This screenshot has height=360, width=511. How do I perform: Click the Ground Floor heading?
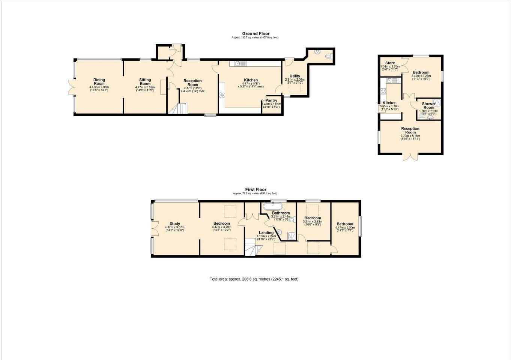tap(255, 34)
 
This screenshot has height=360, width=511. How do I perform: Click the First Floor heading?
tap(255, 190)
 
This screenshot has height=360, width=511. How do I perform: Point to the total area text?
tap(254, 279)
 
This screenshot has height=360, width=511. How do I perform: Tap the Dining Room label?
tap(99, 81)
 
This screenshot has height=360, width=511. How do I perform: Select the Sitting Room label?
tap(145, 81)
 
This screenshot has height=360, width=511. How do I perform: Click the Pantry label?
tap(271, 100)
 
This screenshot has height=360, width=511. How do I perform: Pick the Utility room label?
tap(295, 76)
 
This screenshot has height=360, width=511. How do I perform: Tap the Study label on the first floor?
tap(175, 224)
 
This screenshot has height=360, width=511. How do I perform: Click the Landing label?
tap(266, 233)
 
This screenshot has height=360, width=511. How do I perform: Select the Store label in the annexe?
tap(390, 63)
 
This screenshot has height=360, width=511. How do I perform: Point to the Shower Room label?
tap(429, 106)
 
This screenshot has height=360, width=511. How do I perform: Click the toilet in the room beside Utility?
tap(329, 57)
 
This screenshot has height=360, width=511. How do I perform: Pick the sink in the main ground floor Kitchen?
tap(240, 64)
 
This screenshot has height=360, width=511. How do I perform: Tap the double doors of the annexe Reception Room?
tap(410, 157)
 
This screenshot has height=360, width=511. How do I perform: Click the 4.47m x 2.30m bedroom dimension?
tap(345, 228)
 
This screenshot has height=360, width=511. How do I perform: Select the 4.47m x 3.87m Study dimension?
tap(175, 227)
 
